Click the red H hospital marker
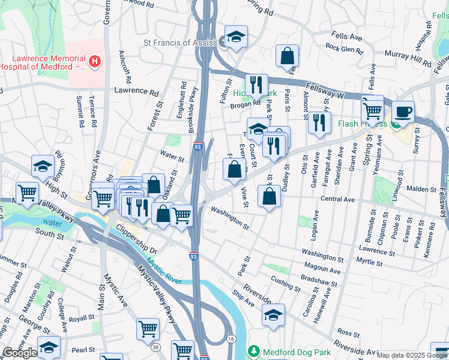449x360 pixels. point(94,61)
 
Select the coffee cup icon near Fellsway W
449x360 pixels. point(403,112)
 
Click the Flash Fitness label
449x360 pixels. point(362,124)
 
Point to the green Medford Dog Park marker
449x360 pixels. point(255,350)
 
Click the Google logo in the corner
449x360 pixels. point(20,353)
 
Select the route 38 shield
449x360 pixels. point(155,347)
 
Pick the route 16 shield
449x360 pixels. point(231,340)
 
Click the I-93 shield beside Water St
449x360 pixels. point(197,146)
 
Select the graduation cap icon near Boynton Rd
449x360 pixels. point(43,166)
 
